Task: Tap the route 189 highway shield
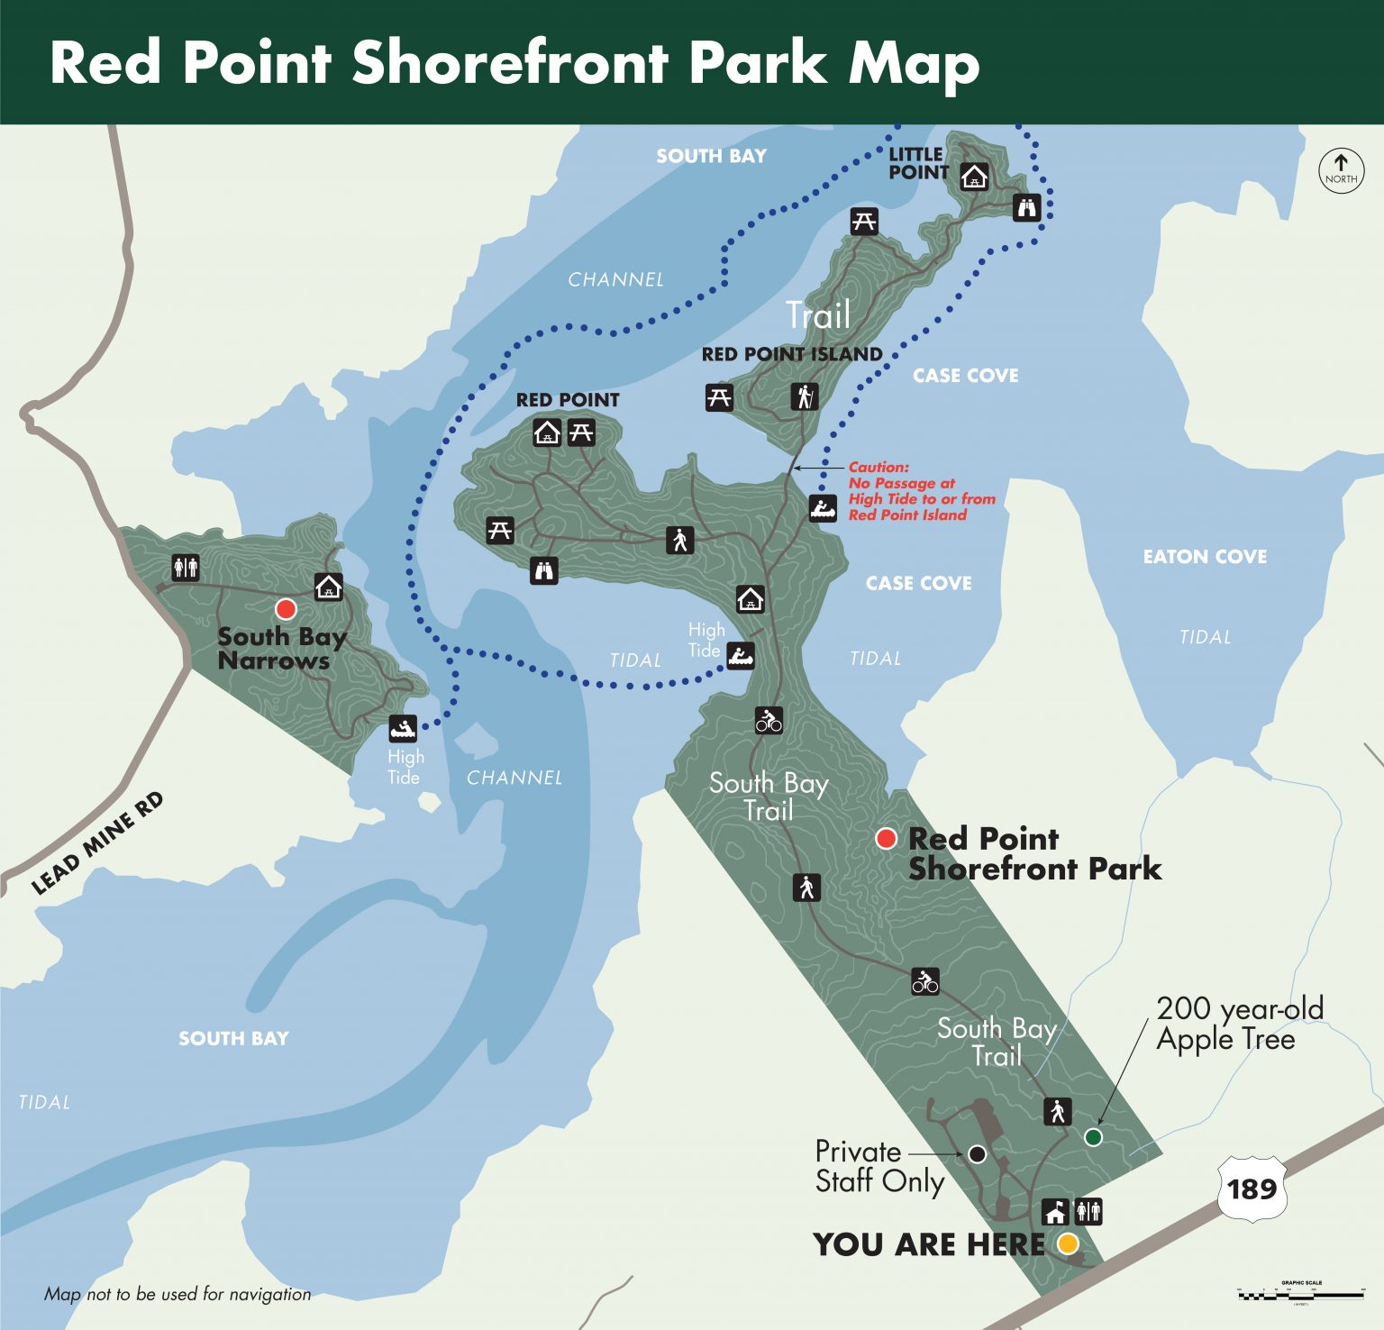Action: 1252,1189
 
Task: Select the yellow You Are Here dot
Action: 1068,1243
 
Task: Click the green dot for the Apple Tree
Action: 1093,1137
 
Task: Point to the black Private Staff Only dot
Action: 977,1153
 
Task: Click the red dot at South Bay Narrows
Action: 286,608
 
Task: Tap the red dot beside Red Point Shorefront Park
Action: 887,839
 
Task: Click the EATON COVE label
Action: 1205,557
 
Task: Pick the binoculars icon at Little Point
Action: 1027,208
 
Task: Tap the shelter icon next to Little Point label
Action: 973,176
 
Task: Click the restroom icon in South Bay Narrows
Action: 186,568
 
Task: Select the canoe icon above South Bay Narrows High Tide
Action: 403,727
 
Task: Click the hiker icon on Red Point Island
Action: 805,396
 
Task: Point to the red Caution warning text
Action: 921,491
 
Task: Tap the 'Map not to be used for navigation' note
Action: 178,1294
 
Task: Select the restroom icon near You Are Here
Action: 1088,1211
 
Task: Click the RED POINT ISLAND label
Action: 792,354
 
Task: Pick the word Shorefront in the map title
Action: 510,63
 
